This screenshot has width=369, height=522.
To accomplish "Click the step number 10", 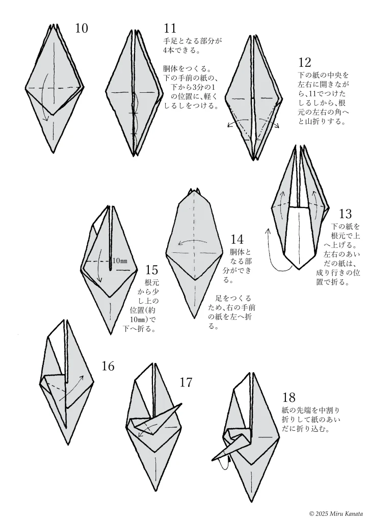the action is click(x=82, y=29).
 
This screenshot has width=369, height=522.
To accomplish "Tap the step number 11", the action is click(x=170, y=29).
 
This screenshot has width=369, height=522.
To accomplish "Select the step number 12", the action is click(x=304, y=62).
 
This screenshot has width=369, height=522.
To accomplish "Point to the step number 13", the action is click(x=346, y=214).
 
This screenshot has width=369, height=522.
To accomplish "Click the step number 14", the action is click(x=237, y=240).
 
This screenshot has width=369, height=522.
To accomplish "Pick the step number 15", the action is click(x=151, y=269).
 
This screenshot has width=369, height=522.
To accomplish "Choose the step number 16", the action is click(x=108, y=366).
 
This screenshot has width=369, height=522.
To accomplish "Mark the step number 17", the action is click(x=186, y=383).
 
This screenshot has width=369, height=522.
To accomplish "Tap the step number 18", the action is click(x=289, y=397).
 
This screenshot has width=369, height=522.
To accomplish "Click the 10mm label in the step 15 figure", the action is click(x=120, y=260).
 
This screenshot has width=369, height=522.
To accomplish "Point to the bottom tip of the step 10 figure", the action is click(x=54, y=153).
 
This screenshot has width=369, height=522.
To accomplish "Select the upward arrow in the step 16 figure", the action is click(x=71, y=388).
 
